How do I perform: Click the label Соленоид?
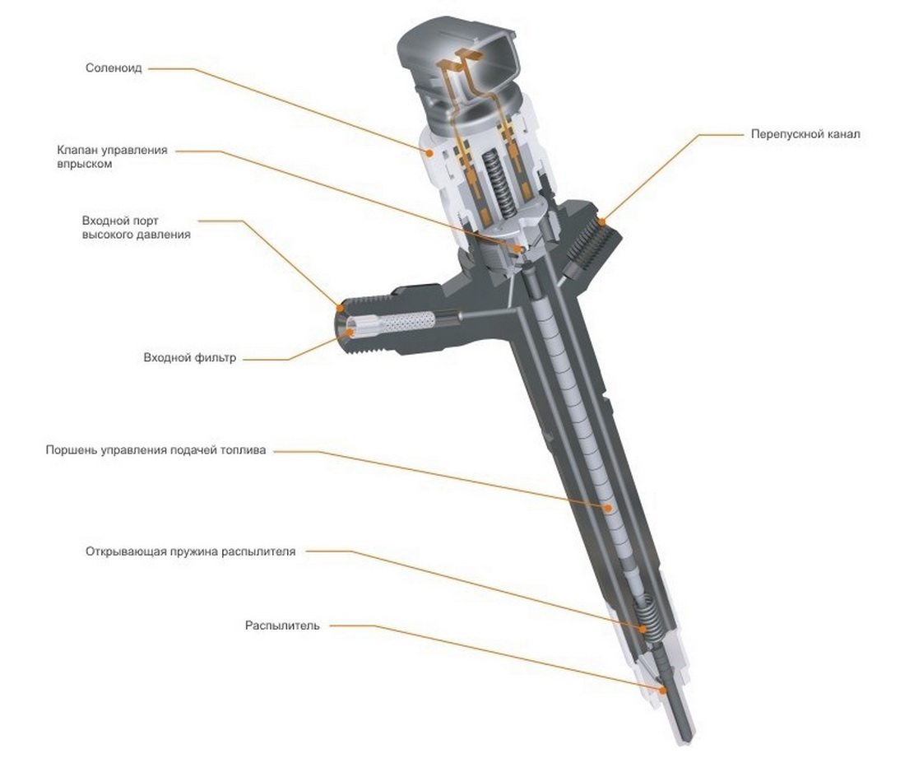click(x=114, y=68)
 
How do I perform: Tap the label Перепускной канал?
click(x=805, y=134)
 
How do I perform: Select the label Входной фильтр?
click(x=190, y=357)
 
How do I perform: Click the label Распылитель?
click(x=282, y=626)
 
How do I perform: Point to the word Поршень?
click(x=71, y=450)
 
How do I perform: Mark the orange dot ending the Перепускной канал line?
click(x=602, y=221)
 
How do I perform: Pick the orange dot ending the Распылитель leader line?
click(x=663, y=690)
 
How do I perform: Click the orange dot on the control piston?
click(x=608, y=508)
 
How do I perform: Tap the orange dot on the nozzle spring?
click(x=643, y=629)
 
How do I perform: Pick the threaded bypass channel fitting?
click(x=592, y=242)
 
